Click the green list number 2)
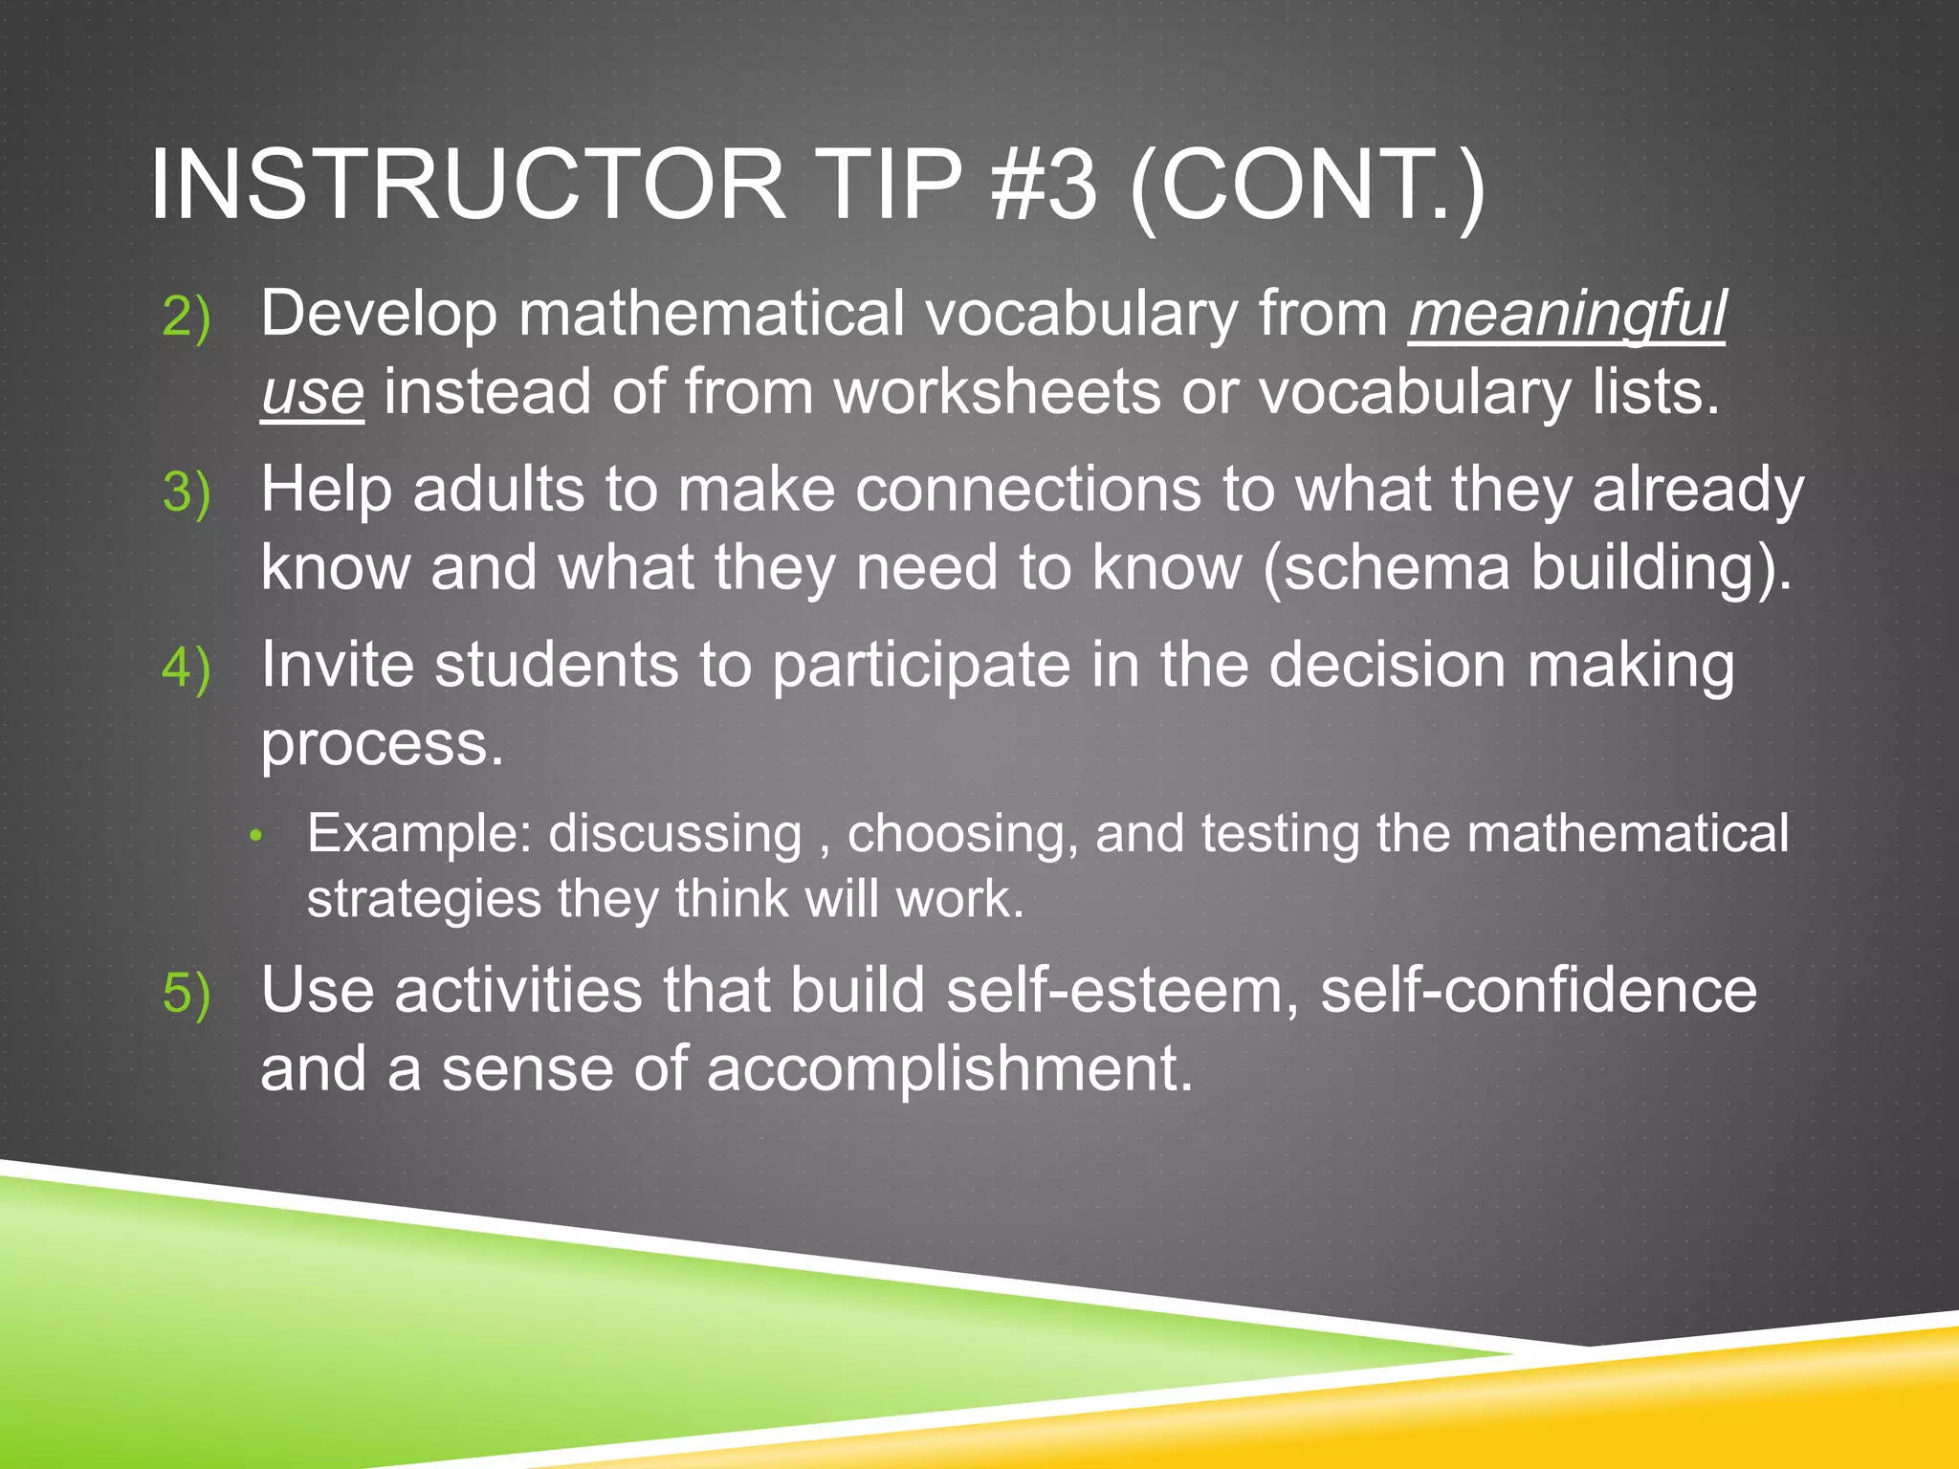tap(186, 317)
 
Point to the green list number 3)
tap(186, 493)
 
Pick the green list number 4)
tap(186, 669)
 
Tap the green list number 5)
tap(186, 994)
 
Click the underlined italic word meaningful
tap(1567, 314)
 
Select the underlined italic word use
tap(312, 393)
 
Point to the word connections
tap(1027, 490)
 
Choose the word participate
tap(921, 666)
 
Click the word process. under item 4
tap(382, 744)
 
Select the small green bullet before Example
tap(254, 836)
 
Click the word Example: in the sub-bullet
tap(419, 834)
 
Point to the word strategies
tap(424, 900)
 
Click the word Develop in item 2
tap(379, 314)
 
